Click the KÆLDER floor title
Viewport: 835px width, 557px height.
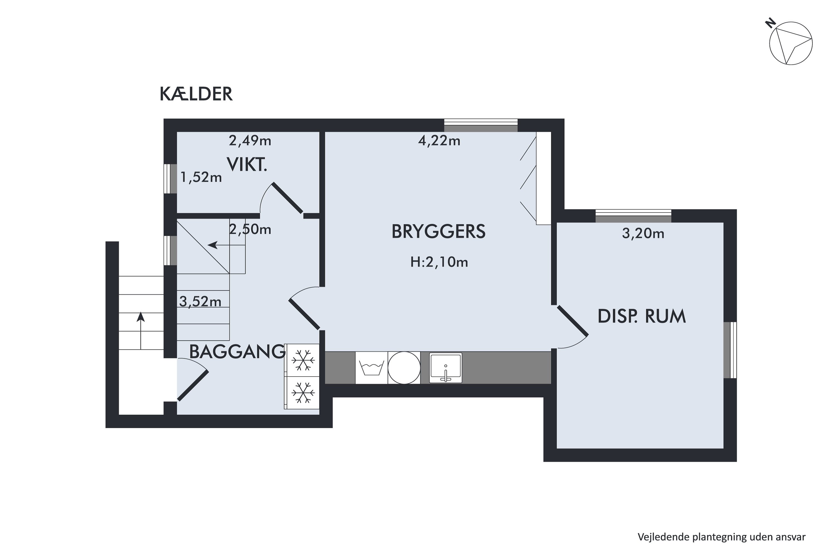196,94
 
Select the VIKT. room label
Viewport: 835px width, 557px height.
247,165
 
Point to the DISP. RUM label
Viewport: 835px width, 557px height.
642,316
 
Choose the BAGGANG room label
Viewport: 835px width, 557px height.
237,352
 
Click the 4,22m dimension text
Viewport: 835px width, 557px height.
439,141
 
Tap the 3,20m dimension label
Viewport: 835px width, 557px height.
643,233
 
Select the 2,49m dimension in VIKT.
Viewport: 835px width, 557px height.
250,141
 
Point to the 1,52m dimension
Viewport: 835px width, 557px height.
201,177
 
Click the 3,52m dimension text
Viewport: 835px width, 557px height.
200,302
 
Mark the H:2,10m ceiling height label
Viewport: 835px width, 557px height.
439,262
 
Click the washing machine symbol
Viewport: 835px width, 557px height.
371,368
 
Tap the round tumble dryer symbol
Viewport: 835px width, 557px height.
404,368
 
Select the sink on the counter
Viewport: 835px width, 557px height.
446,368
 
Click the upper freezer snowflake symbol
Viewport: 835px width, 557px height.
303,360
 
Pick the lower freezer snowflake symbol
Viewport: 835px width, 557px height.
303,392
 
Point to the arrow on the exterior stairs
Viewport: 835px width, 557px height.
141,331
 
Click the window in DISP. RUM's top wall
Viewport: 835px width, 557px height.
633,216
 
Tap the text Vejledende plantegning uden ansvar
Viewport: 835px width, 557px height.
721,537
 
